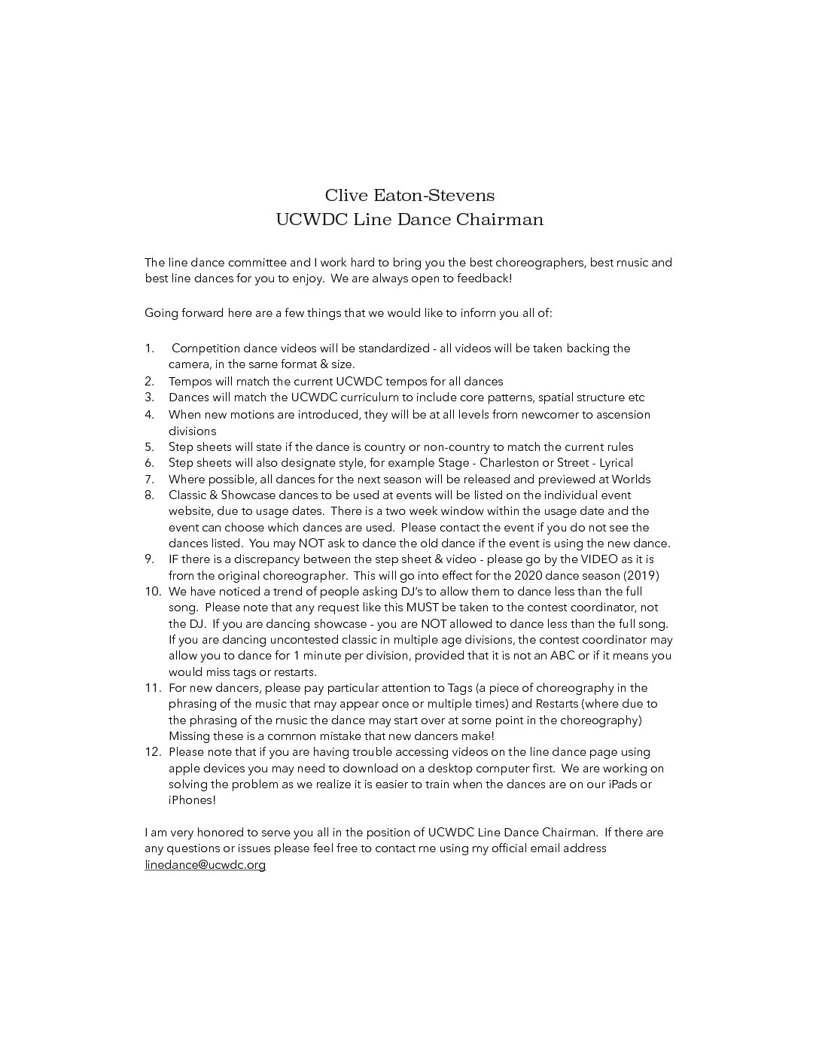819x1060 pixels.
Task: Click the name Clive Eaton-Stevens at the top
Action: (409, 196)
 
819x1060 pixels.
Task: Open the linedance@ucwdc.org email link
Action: (205, 865)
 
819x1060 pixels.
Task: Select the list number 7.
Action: (149, 480)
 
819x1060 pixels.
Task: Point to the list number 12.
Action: (153, 752)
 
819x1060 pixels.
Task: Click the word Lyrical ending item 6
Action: (616, 463)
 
